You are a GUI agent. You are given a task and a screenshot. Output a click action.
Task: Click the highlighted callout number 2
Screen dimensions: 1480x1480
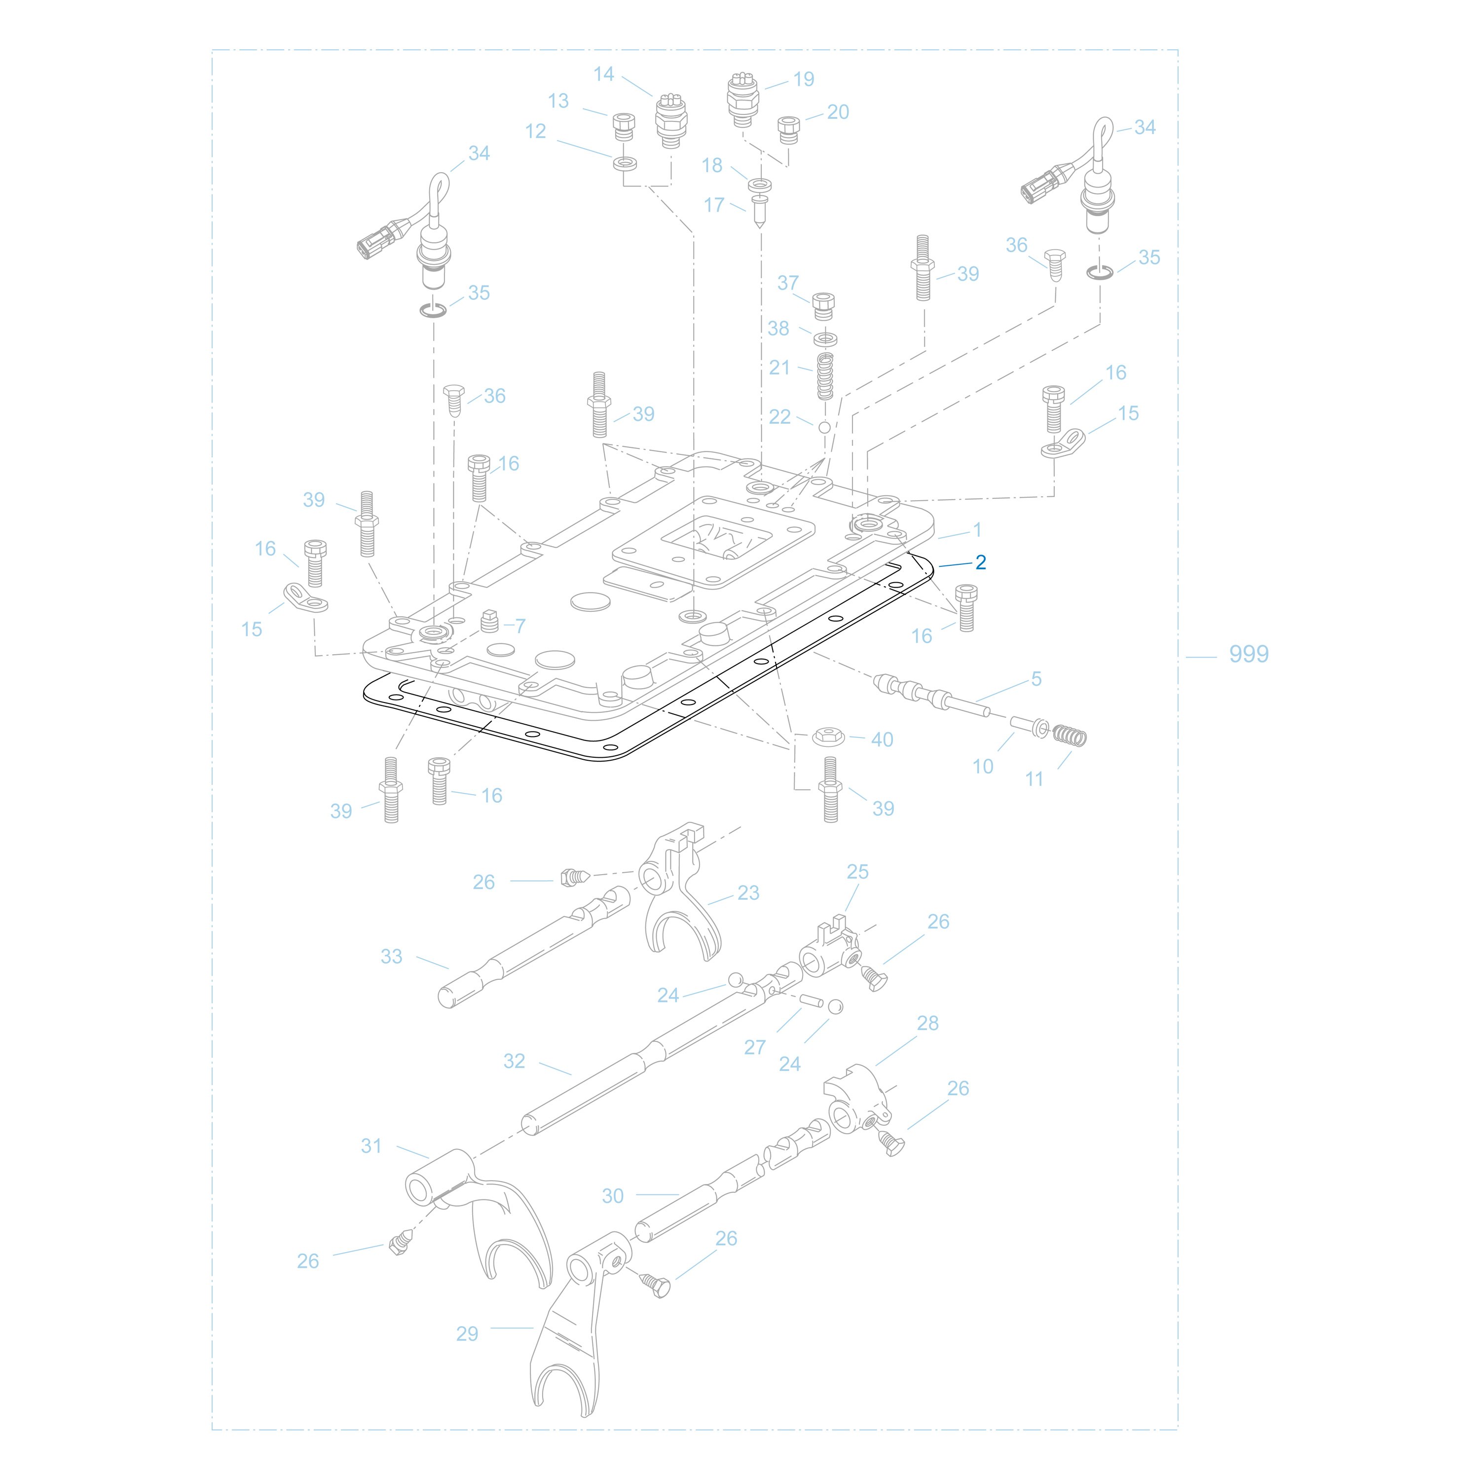[x=981, y=562]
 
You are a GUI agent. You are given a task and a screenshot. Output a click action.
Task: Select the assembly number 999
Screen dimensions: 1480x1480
[x=1249, y=654]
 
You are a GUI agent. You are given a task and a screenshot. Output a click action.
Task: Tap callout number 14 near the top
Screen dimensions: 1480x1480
[x=604, y=74]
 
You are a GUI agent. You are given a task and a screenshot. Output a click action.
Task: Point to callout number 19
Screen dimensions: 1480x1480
[x=804, y=79]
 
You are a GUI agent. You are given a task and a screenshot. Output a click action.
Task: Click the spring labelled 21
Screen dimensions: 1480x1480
[x=825, y=375]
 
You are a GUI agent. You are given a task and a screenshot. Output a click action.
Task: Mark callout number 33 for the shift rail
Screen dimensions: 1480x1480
[x=391, y=957]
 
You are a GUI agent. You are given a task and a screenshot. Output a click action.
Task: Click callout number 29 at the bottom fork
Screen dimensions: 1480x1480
[x=467, y=1333]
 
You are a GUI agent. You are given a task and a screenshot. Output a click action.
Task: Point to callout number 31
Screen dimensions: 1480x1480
[x=371, y=1146]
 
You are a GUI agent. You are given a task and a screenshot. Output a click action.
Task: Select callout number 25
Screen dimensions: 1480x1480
[x=858, y=872]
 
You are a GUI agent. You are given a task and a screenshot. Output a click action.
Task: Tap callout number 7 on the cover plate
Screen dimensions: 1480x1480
[x=521, y=626]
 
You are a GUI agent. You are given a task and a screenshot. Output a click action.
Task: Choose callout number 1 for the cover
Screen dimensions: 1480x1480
[x=977, y=529]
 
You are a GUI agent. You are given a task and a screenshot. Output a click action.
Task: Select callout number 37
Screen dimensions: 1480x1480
[x=788, y=283]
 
